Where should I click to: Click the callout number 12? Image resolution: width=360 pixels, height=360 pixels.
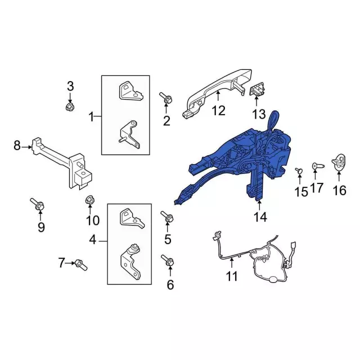(x=218, y=111)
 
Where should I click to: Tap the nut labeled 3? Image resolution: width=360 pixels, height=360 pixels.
(x=70, y=106)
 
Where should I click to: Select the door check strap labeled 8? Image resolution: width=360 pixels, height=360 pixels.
(x=62, y=163)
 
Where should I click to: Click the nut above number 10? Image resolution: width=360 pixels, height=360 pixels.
(x=89, y=200)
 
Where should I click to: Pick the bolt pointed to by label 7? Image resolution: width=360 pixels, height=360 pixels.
(x=81, y=265)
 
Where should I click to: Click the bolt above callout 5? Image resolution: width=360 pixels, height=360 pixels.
(x=167, y=217)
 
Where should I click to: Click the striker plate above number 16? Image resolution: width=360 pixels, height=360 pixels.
(x=339, y=162)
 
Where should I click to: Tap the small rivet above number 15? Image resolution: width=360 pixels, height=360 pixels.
(x=299, y=170)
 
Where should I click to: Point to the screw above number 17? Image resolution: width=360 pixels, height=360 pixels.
(x=318, y=166)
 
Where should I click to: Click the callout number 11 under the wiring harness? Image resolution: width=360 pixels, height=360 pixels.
(x=231, y=276)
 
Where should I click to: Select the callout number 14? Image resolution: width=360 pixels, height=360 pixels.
(x=260, y=217)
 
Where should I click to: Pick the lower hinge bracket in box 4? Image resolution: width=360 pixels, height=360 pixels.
(x=130, y=262)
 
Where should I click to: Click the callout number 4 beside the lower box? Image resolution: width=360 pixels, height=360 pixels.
(x=93, y=240)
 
